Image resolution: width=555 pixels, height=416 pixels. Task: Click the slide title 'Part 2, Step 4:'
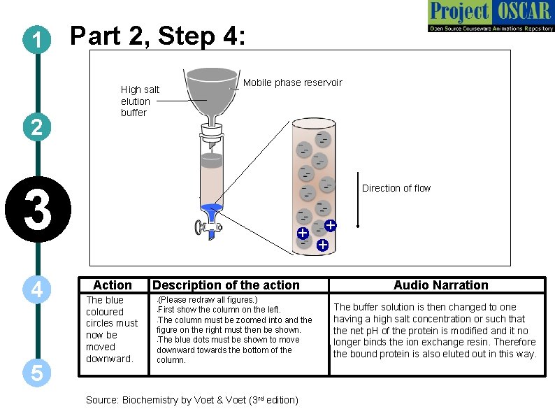pos(158,36)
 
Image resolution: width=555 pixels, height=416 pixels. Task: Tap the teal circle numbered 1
pos(36,41)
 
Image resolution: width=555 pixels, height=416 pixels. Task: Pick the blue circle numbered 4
pos(36,289)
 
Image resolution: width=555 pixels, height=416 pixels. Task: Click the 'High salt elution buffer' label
pos(140,101)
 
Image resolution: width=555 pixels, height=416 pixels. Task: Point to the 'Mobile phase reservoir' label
pos(292,83)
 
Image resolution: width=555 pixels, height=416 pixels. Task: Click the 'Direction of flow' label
pos(396,188)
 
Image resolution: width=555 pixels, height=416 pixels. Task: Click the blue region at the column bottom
pos(211,210)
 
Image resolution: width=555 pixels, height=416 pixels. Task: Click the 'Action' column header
pos(112,285)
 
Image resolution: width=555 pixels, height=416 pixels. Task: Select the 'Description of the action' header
pos(226,285)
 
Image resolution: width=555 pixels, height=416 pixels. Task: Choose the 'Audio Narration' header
pos(440,285)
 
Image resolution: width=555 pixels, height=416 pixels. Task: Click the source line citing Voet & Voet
pos(192,400)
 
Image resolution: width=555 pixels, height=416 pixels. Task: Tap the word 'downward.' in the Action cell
pos(108,359)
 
